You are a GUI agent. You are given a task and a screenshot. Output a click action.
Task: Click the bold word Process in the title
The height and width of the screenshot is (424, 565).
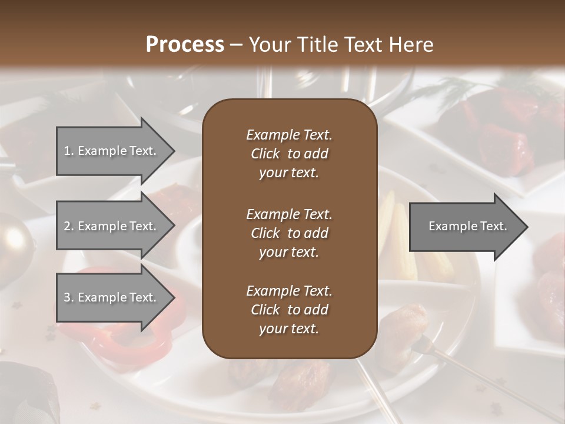click(x=185, y=45)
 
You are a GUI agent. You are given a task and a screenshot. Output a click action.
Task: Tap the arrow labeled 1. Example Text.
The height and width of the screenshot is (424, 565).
click(x=112, y=151)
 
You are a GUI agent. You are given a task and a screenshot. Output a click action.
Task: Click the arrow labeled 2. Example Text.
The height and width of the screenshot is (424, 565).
click(x=112, y=226)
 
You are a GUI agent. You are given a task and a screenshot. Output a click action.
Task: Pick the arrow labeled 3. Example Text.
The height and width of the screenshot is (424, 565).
click(x=112, y=297)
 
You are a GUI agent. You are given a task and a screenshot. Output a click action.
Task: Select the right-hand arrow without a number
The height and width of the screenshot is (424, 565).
click(x=465, y=226)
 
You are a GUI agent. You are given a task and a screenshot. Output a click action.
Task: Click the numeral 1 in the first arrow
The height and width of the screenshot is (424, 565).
click(x=67, y=151)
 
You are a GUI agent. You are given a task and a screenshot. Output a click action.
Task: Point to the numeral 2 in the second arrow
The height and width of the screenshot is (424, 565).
click(x=67, y=226)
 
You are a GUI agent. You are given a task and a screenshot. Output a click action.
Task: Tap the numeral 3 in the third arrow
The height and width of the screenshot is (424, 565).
click(x=67, y=297)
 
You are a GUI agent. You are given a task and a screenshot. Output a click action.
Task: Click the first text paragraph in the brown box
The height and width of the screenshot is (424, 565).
click(x=289, y=154)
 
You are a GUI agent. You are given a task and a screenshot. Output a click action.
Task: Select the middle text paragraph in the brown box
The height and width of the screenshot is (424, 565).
click(x=289, y=233)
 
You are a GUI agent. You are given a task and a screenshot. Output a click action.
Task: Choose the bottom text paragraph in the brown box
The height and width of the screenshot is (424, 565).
click(x=289, y=310)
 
